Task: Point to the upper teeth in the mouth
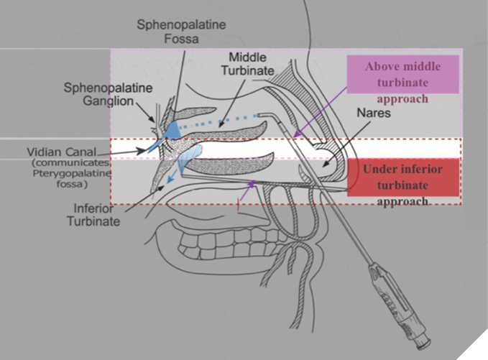pos(208,248)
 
